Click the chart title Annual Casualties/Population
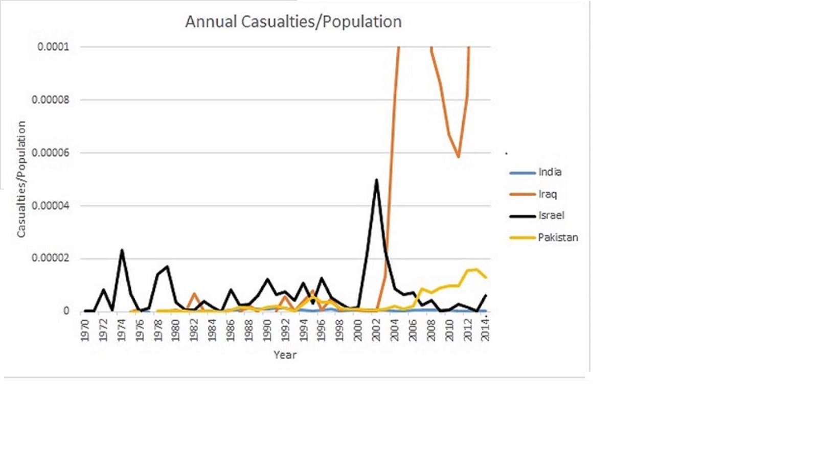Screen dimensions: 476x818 (293, 22)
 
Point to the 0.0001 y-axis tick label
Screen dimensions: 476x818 (53, 47)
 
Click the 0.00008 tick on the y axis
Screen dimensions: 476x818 (50, 100)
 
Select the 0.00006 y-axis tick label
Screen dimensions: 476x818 (50, 153)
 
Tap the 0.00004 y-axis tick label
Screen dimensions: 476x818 (50, 206)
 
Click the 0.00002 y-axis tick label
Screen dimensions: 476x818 (50, 258)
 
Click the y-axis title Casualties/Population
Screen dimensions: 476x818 (21, 179)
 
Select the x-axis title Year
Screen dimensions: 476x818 (285, 355)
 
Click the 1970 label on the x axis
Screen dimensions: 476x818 (85, 330)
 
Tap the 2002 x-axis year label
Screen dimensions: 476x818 (376, 330)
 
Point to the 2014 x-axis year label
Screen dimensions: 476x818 (486, 330)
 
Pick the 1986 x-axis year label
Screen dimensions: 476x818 (231, 330)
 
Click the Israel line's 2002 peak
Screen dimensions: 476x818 (376, 180)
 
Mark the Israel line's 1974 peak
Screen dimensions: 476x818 (122, 250)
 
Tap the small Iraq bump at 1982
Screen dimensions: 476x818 (194, 294)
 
